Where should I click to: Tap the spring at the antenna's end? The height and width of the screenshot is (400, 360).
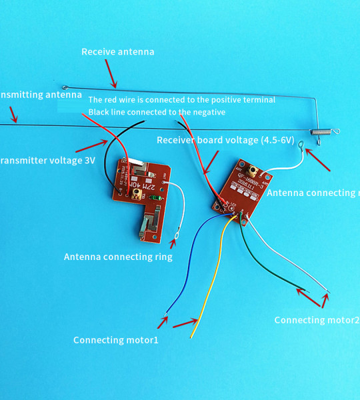pyautogui.click(x=323, y=134)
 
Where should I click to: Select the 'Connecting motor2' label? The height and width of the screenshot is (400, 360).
pyautogui.click(x=316, y=320)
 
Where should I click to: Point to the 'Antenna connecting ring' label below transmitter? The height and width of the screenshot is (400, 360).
pyautogui.click(x=118, y=256)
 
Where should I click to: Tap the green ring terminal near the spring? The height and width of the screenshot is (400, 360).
pyautogui.click(x=302, y=143)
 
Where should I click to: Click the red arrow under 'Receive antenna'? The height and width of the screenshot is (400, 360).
pyautogui.click(x=109, y=75)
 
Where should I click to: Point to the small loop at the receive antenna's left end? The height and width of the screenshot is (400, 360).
pyautogui.click(x=65, y=87)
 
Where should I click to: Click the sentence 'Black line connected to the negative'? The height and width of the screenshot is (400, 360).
pyautogui.click(x=157, y=112)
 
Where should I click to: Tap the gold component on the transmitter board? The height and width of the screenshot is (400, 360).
pyautogui.click(x=137, y=193)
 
